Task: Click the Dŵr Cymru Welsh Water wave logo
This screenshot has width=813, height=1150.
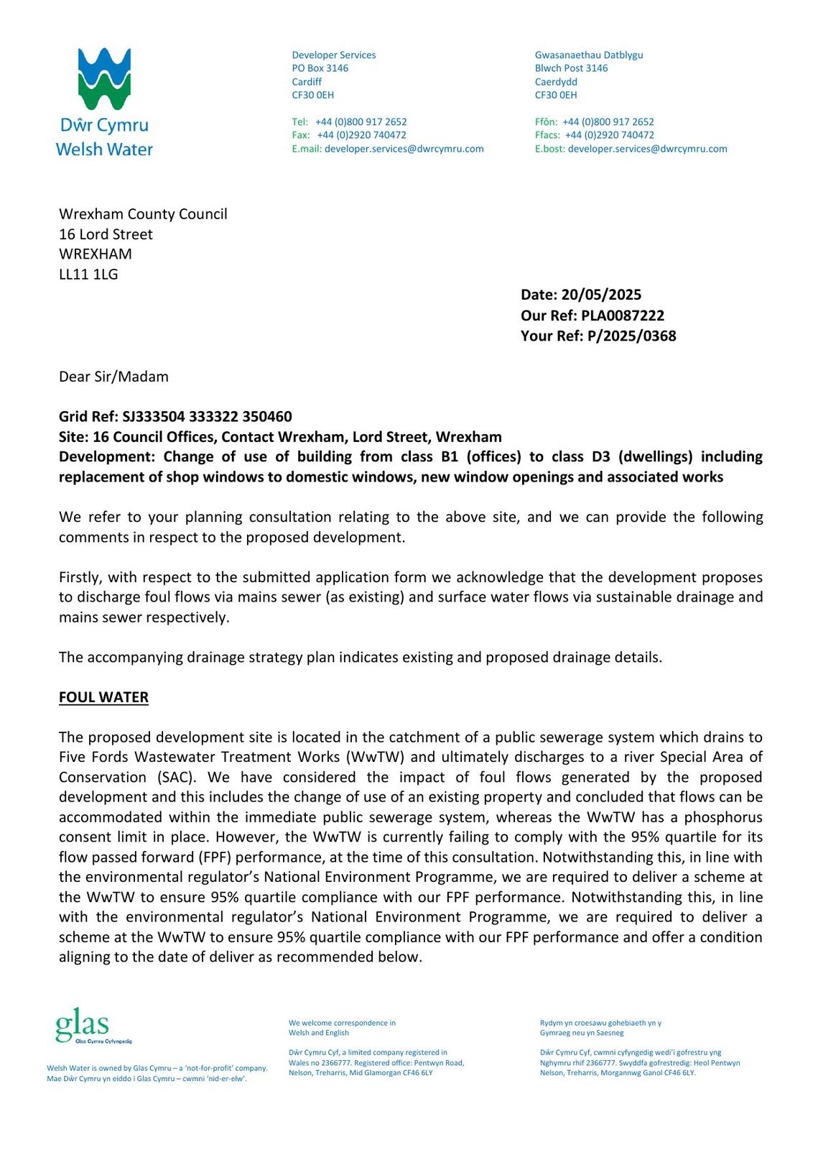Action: [x=104, y=79]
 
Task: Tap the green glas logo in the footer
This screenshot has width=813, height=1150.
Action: [x=83, y=1026]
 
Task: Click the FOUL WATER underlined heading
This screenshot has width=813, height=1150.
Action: [x=103, y=697]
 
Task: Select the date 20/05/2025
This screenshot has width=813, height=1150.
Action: [x=601, y=295]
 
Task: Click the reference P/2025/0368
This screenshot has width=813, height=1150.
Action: [x=631, y=336]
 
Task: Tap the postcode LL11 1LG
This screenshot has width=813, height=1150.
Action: [x=88, y=274]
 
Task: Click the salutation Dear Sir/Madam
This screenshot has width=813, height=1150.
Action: [x=113, y=377]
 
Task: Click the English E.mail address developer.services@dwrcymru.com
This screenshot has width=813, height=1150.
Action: [x=404, y=149]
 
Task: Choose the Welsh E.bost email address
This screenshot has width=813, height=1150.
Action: [x=647, y=149]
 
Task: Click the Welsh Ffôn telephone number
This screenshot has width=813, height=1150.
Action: [x=608, y=122]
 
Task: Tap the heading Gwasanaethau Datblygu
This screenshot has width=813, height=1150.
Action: [x=589, y=55]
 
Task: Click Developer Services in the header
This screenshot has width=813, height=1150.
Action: [x=333, y=55]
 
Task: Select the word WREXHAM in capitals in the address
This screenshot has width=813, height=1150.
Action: [x=96, y=254]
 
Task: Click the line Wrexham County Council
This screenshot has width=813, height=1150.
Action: [x=143, y=214]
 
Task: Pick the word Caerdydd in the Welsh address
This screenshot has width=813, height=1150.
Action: [x=556, y=82]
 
